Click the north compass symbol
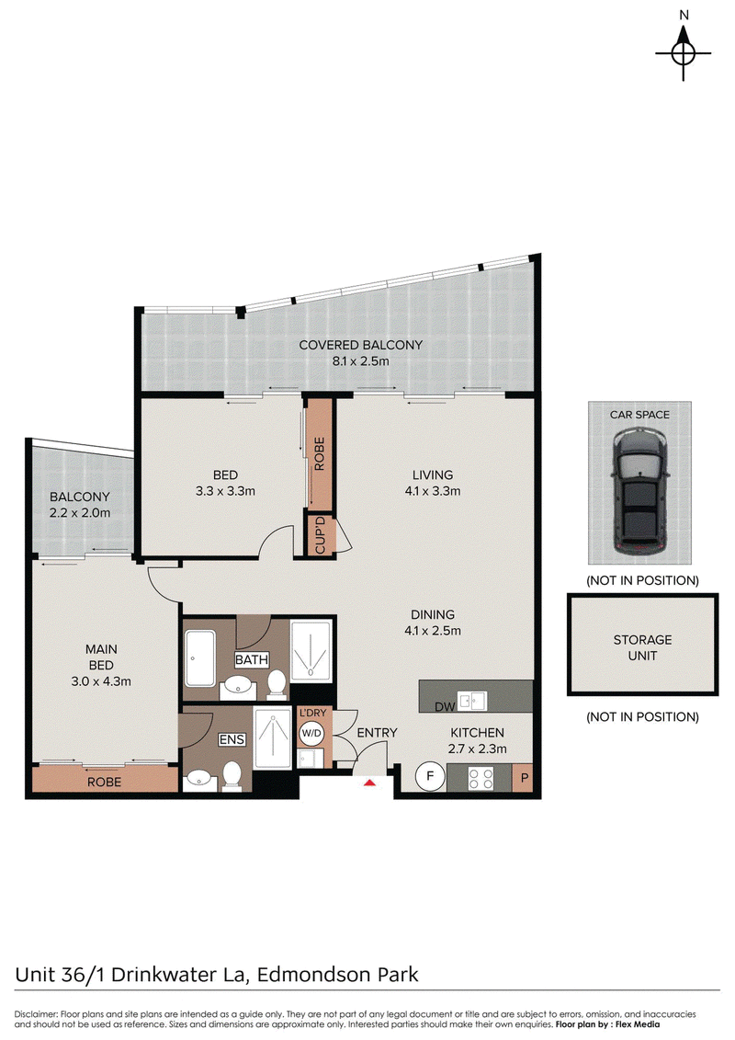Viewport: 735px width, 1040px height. click(x=684, y=53)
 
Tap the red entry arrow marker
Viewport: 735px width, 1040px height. click(x=370, y=783)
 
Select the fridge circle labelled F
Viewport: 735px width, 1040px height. click(x=429, y=776)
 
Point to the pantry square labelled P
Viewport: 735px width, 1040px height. click(x=524, y=777)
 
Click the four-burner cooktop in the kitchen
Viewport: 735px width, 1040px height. click(x=481, y=778)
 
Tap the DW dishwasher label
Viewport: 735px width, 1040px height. click(x=445, y=707)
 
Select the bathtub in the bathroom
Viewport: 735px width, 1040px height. click(x=200, y=658)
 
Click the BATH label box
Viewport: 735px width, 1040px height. click(x=252, y=659)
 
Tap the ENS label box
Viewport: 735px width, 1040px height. click(x=232, y=739)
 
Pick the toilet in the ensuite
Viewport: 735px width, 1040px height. click(x=232, y=776)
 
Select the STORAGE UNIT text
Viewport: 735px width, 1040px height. click(x=642, y=647)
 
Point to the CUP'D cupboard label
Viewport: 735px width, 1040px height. click(x=320, y=534)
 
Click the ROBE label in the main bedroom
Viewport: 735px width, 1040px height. click(x=104, y=782)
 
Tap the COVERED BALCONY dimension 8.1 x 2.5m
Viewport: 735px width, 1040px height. click(x=360, y=361)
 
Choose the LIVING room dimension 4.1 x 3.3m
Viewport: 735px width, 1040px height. click(x=432, y=491)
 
